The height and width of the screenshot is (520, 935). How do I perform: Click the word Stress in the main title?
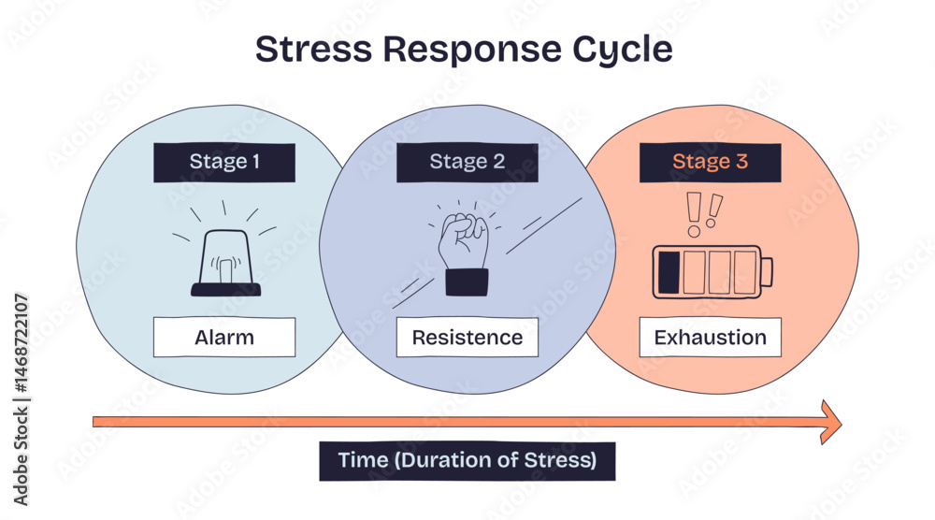[x=313, y=49]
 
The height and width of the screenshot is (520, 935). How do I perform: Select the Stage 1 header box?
[x=224, y=162]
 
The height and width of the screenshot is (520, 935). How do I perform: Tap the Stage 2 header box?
[x=467, y=162]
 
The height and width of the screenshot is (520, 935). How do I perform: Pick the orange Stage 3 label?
[x=711, y=162]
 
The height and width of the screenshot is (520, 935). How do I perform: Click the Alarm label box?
[x=224, y=338]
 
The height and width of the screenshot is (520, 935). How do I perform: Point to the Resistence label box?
[x=467, y=338]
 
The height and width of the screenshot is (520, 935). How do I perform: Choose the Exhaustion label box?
[x=711, y=338]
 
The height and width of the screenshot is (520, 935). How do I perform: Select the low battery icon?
[x=712, y=272]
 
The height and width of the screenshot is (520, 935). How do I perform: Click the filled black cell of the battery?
[x=669, y=272]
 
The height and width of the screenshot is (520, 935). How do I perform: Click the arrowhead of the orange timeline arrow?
[x=831, y=422]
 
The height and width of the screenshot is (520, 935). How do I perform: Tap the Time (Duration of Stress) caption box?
[x=467, y=461]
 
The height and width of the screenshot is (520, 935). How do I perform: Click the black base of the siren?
[x=226, y=290]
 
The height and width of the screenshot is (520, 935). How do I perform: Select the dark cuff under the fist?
[x=467, y=282]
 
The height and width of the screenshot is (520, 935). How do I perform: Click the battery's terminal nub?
[x=768, y=272]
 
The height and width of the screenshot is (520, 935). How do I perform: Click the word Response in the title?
[x=471, y=49]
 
